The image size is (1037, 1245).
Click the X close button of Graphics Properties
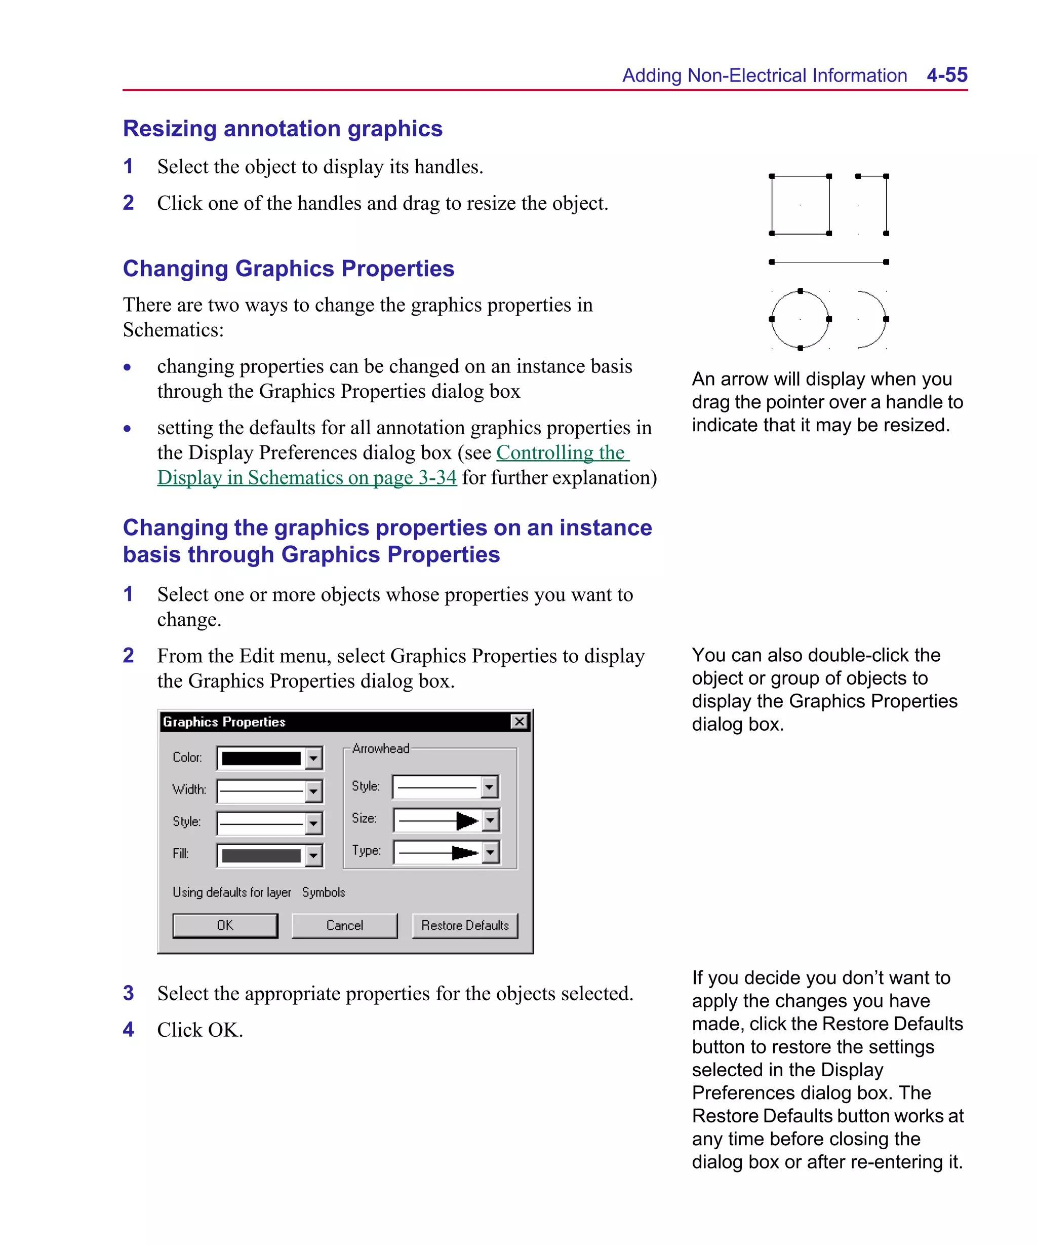coord(519,722)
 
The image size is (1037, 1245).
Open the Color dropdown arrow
coord(313,758)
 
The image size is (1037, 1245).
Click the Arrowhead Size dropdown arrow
coord(490,820)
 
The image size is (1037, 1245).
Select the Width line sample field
coord(261,790)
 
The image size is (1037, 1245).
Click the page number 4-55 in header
coord(946,76)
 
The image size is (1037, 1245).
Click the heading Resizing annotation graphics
coord(283,129)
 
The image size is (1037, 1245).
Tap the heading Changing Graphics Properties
coord(289,269)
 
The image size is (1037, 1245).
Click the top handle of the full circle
coord(800,291)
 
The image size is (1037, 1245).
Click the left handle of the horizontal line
coord(772,262)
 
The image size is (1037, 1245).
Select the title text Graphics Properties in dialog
coord(224,722)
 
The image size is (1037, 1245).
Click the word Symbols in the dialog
coord(324,892)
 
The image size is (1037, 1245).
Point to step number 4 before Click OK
coord(129,1029)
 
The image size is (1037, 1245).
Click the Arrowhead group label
coord(380,749)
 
